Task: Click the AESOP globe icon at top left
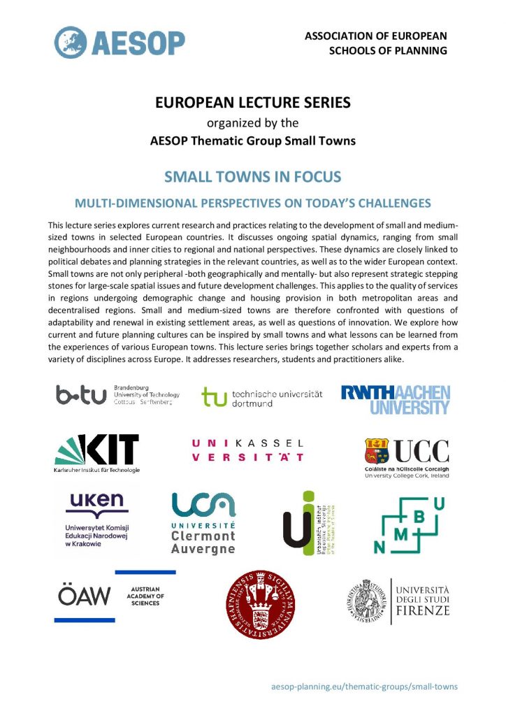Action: click(x=71, y=41)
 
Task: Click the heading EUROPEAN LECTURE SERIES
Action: click(x=252, y=103)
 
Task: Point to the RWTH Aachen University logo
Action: click(x=396, y=399)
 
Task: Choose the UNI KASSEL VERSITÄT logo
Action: click(x=247, y=450)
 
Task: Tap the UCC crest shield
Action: click(x=377, y=451)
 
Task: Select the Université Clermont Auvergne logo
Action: click(x=203, y=522)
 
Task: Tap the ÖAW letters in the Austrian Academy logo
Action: click(x=84, y=596)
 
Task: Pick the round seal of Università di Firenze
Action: click(x=366, y=600)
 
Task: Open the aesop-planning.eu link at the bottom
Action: click(x=364, y=686)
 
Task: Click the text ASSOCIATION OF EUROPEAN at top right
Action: click(x=376, y=36)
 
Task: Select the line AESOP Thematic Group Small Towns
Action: click(x=252, y=141)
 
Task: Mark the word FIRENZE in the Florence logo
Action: click(x=421, y=610)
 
